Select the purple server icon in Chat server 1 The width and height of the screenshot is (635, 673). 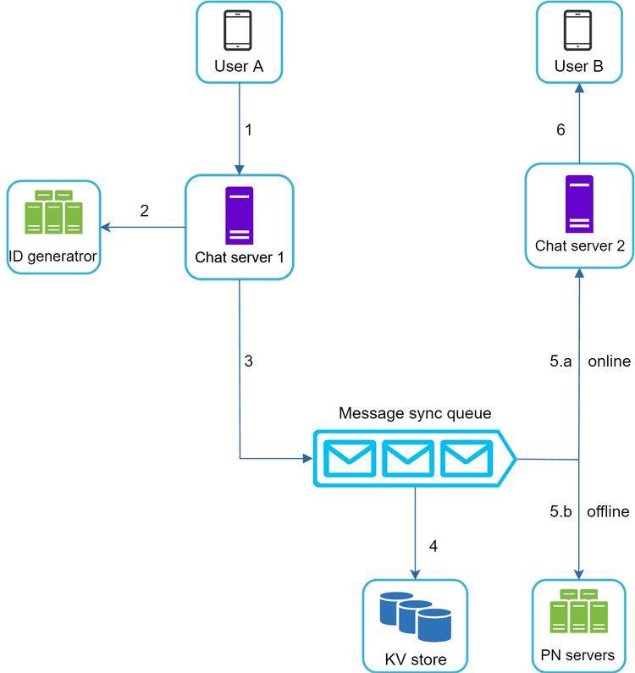pos(239,215)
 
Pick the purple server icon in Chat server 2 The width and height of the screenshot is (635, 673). pos(579,203)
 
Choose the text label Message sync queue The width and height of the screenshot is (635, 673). pos(415,413)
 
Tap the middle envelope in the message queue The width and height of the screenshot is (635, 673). pos(407,458)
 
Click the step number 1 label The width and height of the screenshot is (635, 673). pos(248,130)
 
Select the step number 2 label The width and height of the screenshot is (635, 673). pos(144,211)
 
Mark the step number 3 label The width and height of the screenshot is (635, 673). pos(248,361)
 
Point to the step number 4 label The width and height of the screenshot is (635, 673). pos(433,546)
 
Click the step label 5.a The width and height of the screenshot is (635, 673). pos(560,361)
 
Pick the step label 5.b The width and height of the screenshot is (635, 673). pos(560,511)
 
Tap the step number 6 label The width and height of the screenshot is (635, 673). pos(560,130)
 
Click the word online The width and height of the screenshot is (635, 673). pos(609,361)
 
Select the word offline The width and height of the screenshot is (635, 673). pos(608,511)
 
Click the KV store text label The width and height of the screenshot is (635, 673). pos(415,659)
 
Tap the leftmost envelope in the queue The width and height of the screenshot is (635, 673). pos(351,458)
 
